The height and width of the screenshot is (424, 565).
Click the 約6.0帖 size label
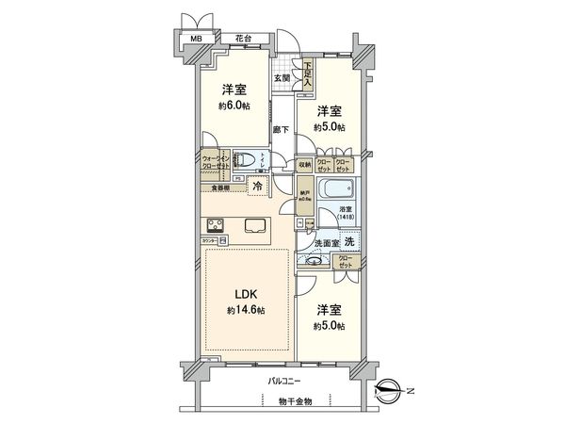234,106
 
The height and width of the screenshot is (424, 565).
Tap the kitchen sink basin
256,225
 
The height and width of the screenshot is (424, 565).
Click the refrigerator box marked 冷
257,186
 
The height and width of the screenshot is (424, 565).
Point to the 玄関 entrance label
282,78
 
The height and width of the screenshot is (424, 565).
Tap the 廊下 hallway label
280,128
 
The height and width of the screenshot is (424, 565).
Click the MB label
197,40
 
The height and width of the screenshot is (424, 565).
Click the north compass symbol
389,386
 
